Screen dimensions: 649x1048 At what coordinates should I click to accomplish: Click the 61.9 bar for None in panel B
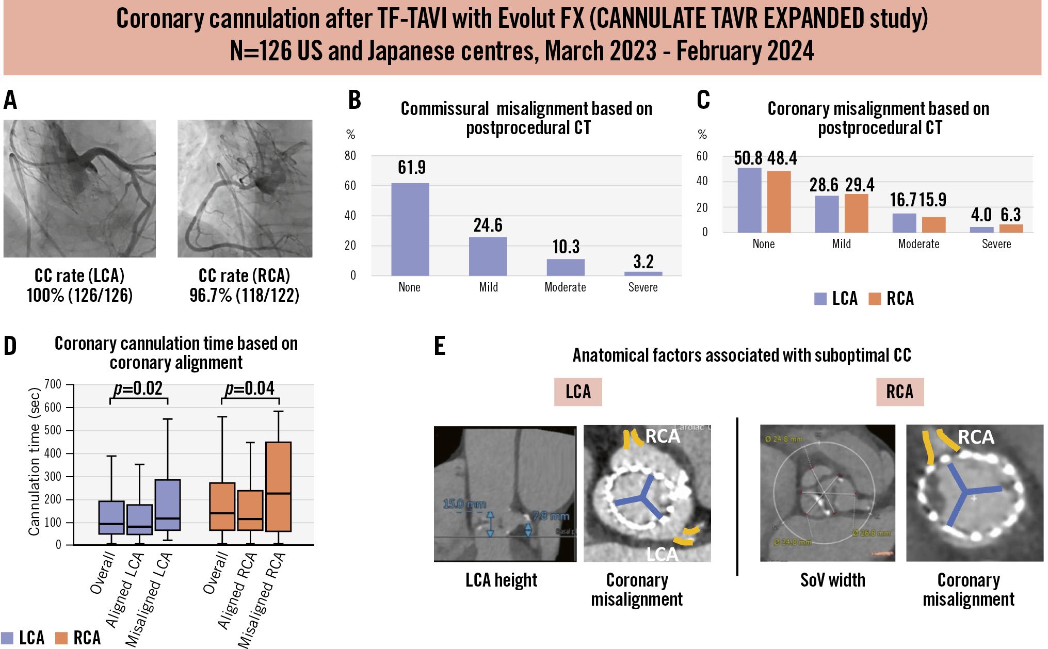tap(410, 229)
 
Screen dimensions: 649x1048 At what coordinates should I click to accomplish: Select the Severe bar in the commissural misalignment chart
tap(643, 273)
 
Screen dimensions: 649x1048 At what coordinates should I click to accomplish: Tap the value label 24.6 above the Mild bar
tap(488, 225)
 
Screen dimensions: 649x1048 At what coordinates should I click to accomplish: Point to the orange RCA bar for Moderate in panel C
tap(933, 224)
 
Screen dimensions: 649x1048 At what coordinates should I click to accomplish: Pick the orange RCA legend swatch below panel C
tap(875, 299)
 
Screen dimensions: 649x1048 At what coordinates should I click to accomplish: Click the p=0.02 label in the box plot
tap(138, 388)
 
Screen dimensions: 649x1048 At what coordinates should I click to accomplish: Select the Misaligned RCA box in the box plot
tap(279, 486)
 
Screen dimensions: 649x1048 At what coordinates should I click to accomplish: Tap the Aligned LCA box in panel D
tap(139, 520)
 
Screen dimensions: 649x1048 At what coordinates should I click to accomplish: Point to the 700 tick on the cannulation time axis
tap(53, 384)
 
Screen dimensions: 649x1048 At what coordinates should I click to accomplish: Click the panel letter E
tap(440, 346)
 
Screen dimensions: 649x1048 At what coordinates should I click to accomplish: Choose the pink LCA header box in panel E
tap(578, 392)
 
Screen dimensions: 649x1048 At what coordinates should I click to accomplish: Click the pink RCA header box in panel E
tap(899, 392)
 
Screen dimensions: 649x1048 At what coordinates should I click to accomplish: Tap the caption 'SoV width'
tap(832, 580)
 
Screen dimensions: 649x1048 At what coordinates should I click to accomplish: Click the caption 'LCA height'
tap(501, 580)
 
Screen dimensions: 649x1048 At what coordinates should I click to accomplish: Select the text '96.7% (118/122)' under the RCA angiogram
tap(244, 296)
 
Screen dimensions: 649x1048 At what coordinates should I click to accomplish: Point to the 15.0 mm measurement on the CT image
tap(464, 504)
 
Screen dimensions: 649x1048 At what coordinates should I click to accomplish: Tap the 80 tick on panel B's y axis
tap(350, 156)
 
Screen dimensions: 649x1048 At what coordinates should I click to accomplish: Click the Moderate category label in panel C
tap(918, 244)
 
